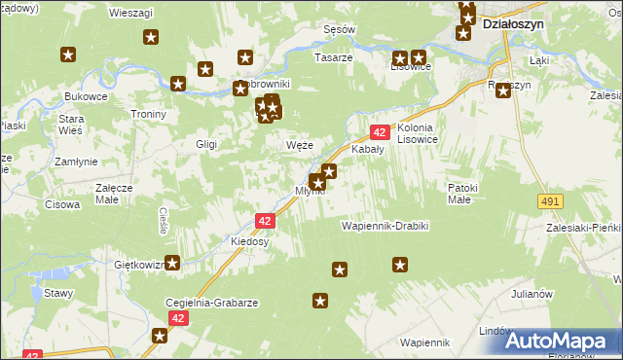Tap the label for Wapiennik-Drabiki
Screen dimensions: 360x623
pyautogui.click(x=385, y=226)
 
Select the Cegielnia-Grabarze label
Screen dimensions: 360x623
pyautogui.click(x=212, y=303)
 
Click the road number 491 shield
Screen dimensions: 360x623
pyautogui.click(x=549, y=200)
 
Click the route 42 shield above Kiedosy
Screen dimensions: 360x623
pyautogui.click(x=266, y=221)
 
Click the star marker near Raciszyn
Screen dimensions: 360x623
pyautogui.click(x=504, y=90)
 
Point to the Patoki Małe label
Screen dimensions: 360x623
pyautogui.click(x=458, y=193)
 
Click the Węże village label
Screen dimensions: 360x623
pyautogui.click(x=299, y=145)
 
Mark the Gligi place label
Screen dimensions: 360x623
pyautogui.click(x=205, y=144)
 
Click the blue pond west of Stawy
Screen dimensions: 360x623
pyautogui.click(x=45, y=295)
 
